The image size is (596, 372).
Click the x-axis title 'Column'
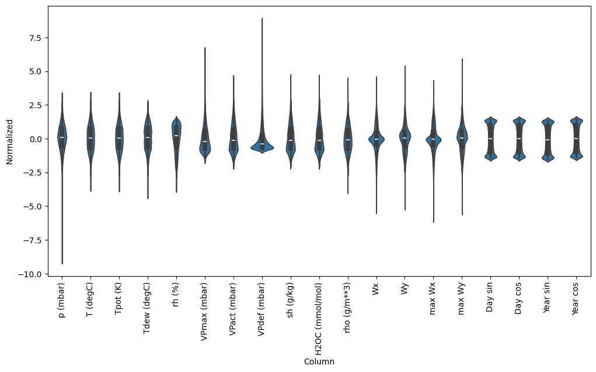319,362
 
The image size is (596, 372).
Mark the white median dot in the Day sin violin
490,139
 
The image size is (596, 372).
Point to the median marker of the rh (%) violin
176,136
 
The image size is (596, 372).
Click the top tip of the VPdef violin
262,19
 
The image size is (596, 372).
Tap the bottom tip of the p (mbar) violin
62,264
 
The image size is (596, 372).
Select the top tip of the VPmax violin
205,48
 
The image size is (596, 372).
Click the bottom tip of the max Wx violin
433,222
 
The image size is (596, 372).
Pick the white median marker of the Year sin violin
548,140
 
